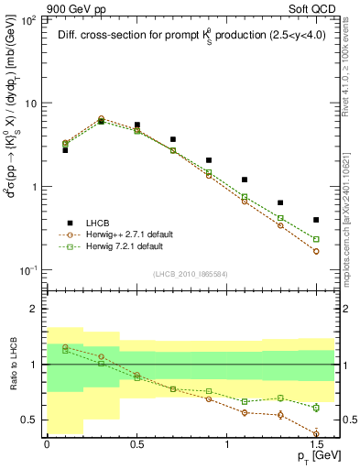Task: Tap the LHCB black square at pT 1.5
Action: [316, 220]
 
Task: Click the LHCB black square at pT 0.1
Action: [65, 149]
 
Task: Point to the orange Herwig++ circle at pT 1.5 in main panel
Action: [316, 251]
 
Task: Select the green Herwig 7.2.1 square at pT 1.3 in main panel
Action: [280, 218]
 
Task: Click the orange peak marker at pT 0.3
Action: [101, 118]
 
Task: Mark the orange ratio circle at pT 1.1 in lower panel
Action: [245, 412]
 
